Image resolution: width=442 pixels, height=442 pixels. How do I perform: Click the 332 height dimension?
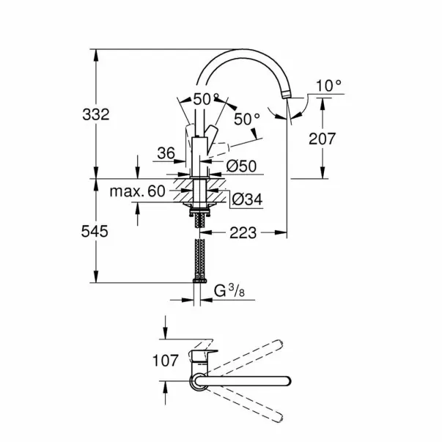point(96,115)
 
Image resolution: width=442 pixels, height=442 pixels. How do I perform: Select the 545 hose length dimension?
point(95,232)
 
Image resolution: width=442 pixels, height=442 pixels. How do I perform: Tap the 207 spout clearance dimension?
point(323,139)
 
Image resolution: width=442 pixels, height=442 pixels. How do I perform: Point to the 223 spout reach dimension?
point(243,233)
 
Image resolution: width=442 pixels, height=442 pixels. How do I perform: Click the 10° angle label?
point(328,86)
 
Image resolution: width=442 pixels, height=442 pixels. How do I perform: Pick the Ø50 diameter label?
point(242,166)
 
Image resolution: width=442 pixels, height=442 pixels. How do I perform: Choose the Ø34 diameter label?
point(247,199)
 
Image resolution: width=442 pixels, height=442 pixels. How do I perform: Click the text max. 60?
point(137,191)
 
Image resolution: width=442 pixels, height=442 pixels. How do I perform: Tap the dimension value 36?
point(166,153)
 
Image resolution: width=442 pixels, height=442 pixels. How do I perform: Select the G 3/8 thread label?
point(229,290)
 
